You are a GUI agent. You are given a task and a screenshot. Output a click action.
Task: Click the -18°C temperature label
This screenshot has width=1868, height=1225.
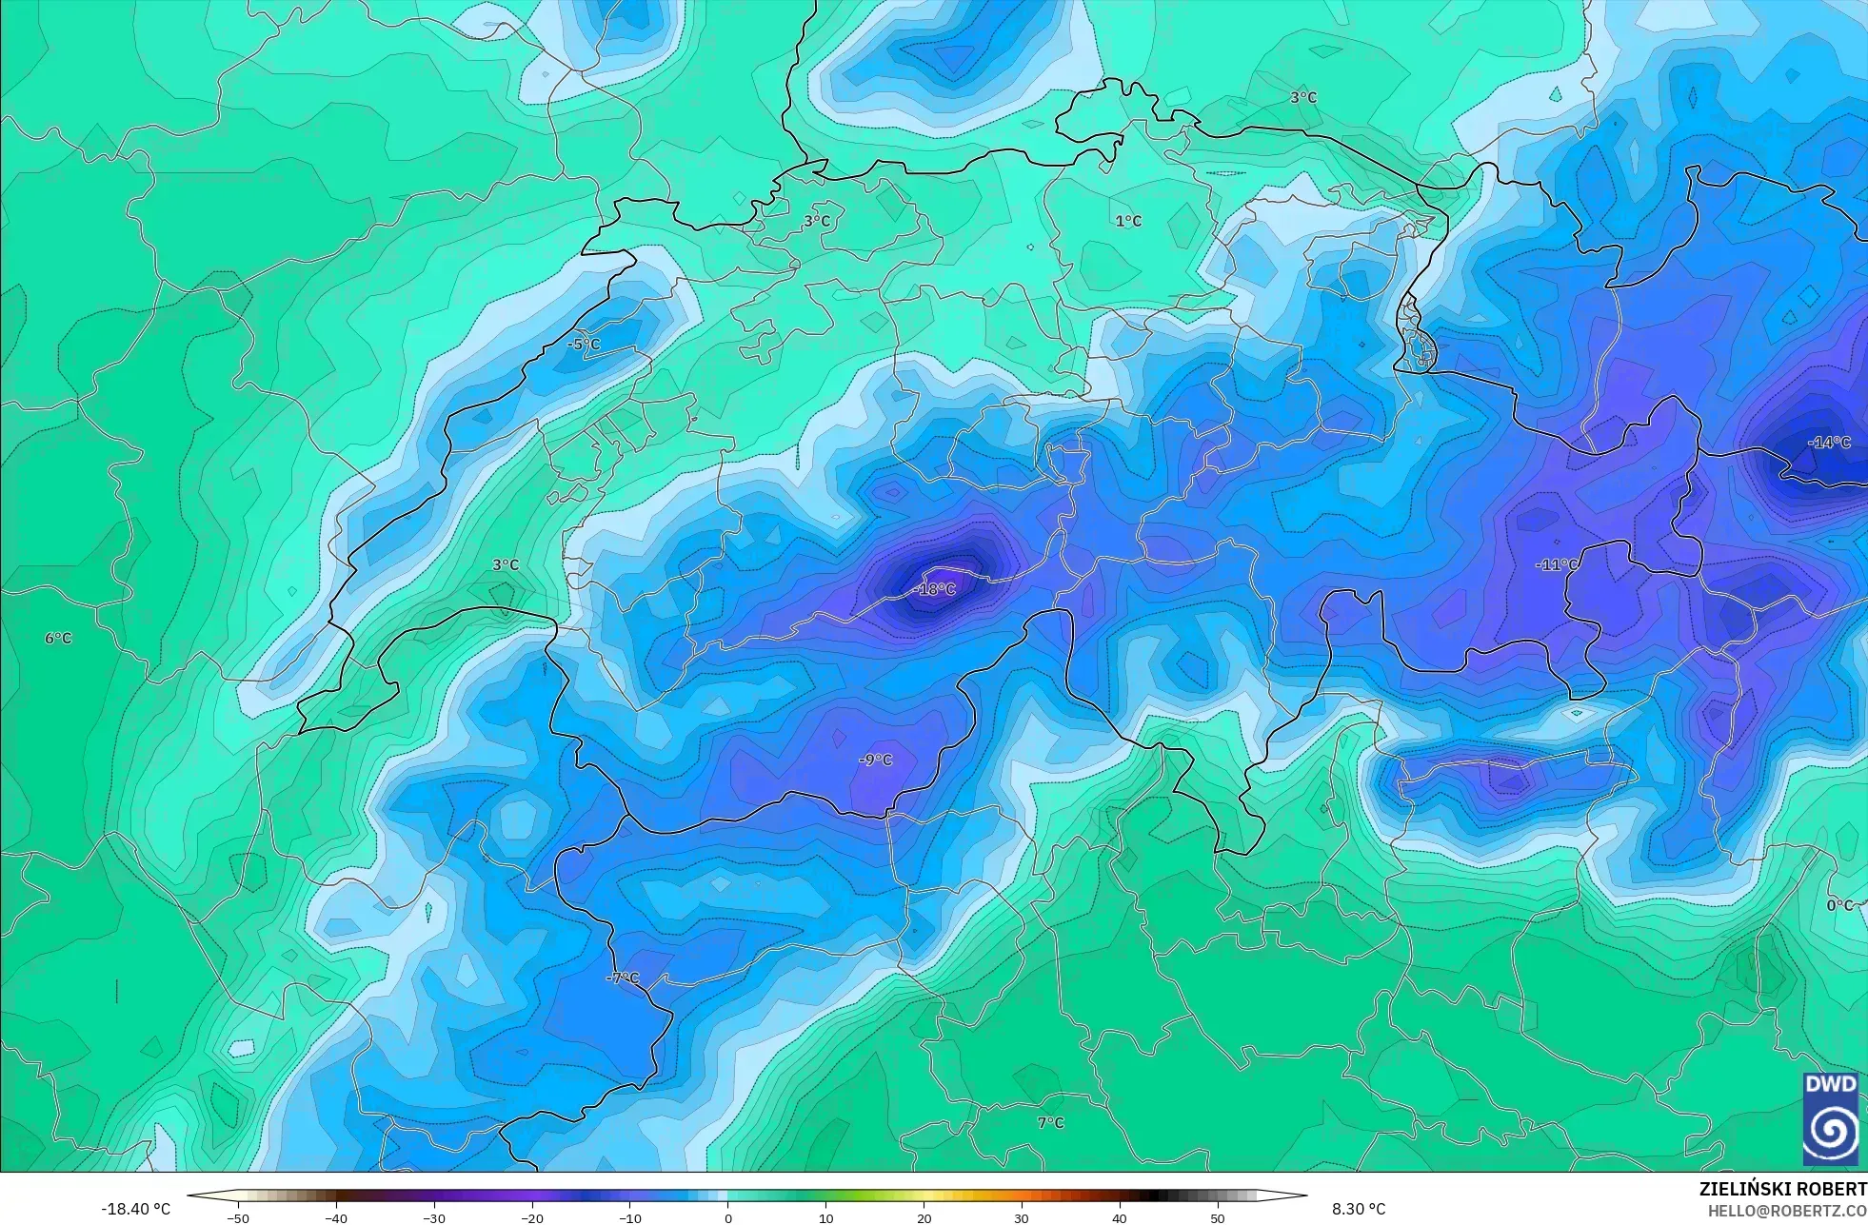935,590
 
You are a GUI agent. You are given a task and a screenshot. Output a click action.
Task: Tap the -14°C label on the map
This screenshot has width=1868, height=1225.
1829,443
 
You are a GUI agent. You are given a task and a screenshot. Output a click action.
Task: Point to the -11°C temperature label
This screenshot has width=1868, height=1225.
1557,564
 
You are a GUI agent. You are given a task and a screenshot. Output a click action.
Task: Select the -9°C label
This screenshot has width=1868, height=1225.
876,760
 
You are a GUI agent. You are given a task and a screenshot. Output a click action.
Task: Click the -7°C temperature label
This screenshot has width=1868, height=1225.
623,978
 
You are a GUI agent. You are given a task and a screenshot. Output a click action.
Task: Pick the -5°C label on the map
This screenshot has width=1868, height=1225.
584,345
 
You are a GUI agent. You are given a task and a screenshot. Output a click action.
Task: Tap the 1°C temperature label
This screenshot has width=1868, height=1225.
1128,221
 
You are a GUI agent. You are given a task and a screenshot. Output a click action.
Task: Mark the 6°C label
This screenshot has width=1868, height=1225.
58,638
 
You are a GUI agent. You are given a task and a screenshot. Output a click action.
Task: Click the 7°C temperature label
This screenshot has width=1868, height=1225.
1050,1123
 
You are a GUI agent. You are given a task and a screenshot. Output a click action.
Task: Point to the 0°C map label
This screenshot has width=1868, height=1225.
1839,905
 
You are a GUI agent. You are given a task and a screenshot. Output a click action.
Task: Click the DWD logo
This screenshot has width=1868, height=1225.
1830,1118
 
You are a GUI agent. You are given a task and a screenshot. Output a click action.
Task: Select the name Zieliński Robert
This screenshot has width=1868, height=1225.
1782,1189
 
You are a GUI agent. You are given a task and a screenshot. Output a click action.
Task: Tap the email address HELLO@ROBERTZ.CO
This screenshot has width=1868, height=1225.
1786,1211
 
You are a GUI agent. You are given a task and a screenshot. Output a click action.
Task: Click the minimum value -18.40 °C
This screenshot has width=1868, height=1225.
136,1209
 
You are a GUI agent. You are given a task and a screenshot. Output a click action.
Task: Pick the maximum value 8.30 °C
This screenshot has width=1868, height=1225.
1359,1209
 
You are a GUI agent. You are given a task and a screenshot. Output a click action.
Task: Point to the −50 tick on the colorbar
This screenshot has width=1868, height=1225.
238,1218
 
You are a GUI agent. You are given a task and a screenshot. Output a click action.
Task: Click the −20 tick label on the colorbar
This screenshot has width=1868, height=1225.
532,1218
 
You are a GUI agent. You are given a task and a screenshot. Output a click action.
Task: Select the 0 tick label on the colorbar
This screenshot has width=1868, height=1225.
728,1218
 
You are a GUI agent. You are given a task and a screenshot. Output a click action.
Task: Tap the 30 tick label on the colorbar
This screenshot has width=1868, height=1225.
1022,1218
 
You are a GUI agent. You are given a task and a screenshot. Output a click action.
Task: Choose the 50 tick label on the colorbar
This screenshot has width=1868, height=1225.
1218,1218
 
